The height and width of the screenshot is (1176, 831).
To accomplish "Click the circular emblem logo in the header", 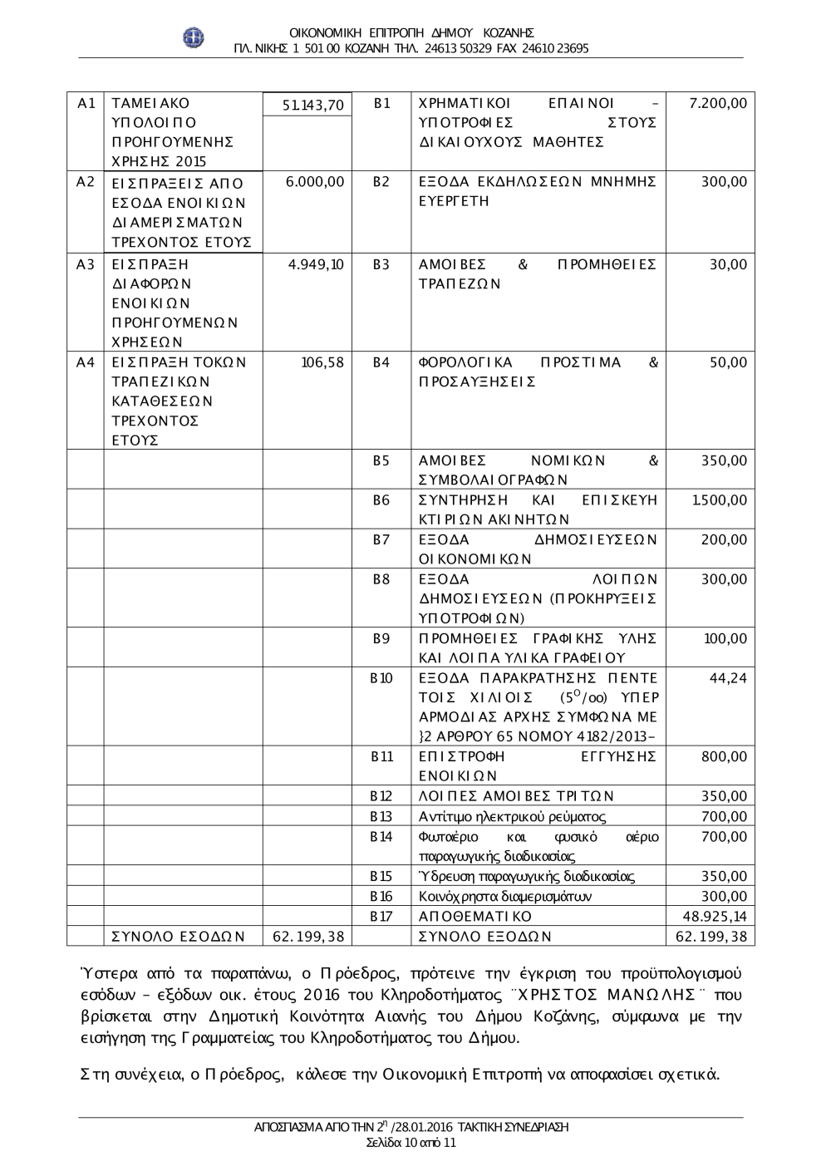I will [194, 39].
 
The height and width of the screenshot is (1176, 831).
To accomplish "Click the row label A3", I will [85, 265].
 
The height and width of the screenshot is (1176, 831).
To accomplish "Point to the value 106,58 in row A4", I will [322, 362].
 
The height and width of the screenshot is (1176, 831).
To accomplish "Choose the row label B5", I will [381, 460].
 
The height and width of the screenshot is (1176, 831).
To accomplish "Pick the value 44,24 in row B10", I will [728, 678].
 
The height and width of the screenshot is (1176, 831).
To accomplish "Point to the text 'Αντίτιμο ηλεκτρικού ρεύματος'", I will [513, 817].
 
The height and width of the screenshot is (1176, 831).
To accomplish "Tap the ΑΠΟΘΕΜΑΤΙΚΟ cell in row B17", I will [475, 917].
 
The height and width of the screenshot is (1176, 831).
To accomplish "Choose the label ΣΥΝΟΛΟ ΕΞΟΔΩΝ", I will [485, 937].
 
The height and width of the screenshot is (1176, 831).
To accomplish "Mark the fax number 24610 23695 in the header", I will [556, 48].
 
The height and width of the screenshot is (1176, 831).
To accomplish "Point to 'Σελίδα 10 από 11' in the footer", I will [411, 1142].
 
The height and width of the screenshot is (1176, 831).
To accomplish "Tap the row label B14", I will [381, 837].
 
